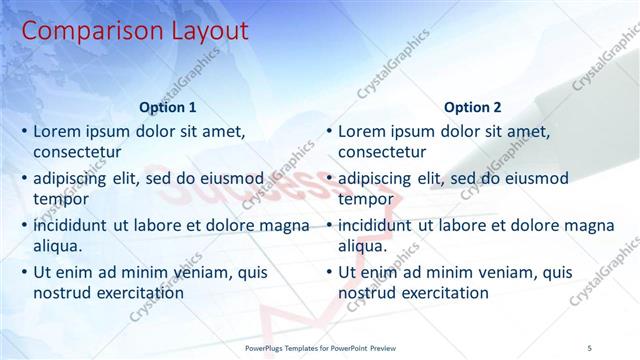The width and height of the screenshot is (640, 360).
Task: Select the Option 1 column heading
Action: coord(168,107)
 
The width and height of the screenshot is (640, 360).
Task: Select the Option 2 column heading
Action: coord(473,107)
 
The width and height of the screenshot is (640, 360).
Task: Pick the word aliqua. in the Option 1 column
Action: coord(58,246)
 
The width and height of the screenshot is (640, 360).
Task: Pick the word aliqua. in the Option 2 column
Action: coord(363,246)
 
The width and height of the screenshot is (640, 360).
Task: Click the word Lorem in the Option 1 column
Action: coord(57,131)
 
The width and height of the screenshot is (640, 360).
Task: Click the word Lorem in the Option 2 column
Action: coord(362,131)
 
